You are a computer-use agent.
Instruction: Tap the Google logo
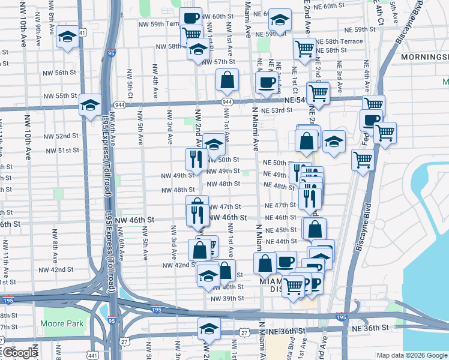point(19,353)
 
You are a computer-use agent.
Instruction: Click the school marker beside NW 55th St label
point(90,106)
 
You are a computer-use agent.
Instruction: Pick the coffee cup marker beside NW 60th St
point(191,19)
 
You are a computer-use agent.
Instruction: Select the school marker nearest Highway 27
point(209,329)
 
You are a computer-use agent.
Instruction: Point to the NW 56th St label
point(60,72)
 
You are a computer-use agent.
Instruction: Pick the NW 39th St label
point(225,298)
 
